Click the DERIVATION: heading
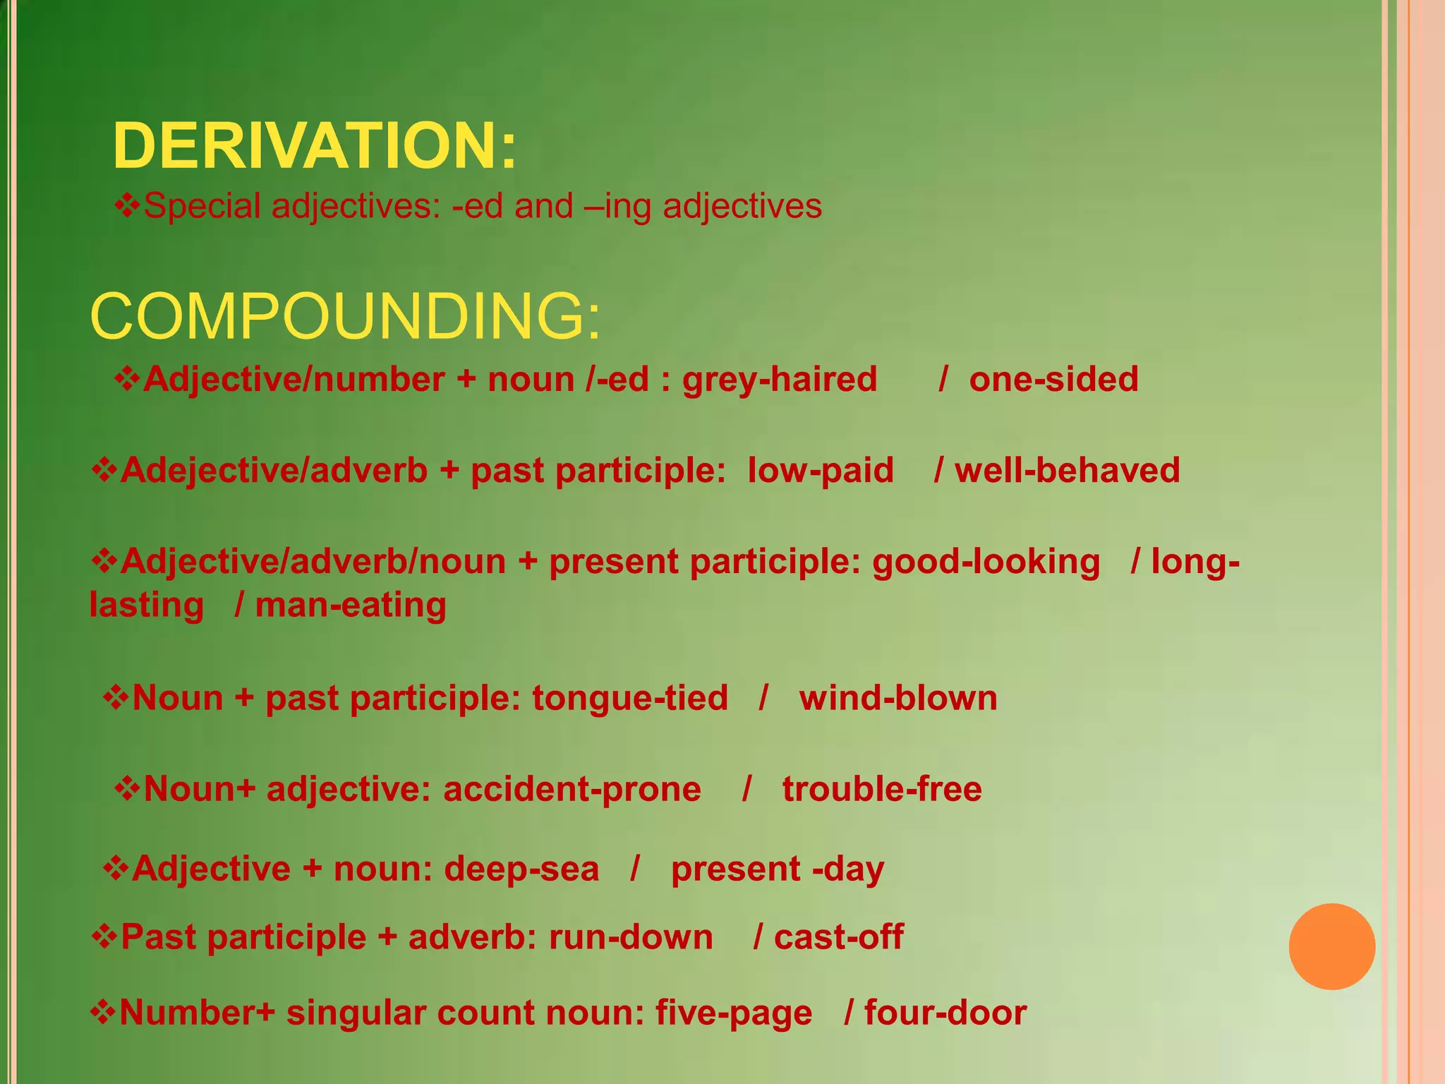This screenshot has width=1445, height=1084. point(315,146)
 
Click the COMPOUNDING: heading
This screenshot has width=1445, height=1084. point(345,316)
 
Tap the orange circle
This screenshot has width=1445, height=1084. point(1331,946)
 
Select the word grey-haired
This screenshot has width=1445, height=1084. point(779,380)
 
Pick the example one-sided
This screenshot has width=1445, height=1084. point(1053,380)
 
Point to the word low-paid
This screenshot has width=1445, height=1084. point(821,471)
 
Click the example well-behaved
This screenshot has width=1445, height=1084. point(1067,471)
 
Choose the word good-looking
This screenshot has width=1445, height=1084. point(986,562)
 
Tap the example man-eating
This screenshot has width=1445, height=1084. point(351,606)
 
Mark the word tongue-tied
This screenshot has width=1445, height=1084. point(629,699)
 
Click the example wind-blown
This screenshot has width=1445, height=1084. point(898,699)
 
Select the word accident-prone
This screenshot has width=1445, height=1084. point(572,790)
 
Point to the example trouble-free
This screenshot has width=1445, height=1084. point(882,790)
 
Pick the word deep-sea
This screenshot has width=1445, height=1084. point(521,869)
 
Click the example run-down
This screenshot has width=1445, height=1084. point(631,938)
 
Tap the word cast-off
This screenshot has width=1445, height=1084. point(838,938)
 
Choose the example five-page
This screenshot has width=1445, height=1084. point(734,1013)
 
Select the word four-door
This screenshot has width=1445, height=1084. point(945,1013)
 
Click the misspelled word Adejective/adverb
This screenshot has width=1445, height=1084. point(274,471)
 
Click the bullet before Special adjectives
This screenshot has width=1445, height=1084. point(127,206)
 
